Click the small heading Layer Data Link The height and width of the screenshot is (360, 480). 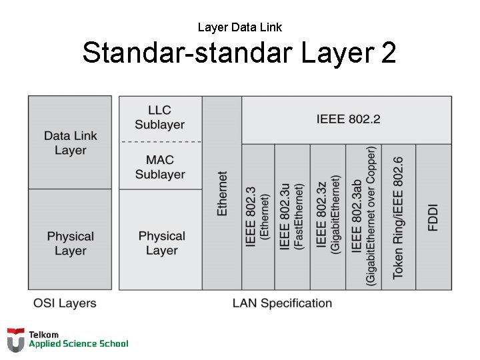[239, 27]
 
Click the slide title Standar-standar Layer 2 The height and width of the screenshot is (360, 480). [239, 53]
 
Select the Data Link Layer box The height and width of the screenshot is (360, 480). [70, 143]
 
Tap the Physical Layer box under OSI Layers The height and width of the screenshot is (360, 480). [70, 243]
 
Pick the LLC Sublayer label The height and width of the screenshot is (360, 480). [160, 117]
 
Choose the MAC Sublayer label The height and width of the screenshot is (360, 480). [160, 167]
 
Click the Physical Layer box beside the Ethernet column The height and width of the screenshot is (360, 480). [161, 243]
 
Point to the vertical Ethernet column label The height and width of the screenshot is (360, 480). [222, 193]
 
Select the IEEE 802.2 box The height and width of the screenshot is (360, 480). [348, 119]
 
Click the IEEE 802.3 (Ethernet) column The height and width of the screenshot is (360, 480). [258, 217]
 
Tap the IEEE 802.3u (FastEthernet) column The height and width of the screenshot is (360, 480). [292, 217]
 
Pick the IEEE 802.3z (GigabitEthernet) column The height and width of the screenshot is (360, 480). [328, 217]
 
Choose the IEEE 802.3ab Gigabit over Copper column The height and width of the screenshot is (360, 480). [363, 217]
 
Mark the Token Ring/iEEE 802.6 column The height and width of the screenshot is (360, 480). [398, 217]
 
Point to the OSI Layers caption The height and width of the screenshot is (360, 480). [65, 303]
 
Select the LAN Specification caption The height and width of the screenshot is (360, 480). [282, 303]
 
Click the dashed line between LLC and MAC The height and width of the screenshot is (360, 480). [160, 142]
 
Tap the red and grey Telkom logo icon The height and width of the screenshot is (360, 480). [16, 339]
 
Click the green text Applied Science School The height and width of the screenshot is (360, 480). [78, 344]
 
